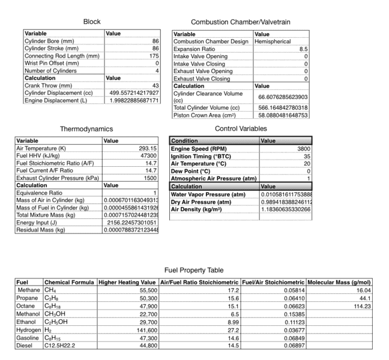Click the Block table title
pos(92,22)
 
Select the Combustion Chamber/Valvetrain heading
pos(241,22)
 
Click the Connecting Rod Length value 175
pos(153,56)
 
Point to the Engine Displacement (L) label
pos(56,100)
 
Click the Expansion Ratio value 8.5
pos(303,49)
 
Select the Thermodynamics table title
pos(86,129)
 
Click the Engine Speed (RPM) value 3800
pos(303,148)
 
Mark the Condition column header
pos(185,141)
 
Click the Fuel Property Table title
pos(194,271)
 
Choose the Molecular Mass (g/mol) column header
pos(339,282)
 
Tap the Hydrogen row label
pos(29,330)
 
